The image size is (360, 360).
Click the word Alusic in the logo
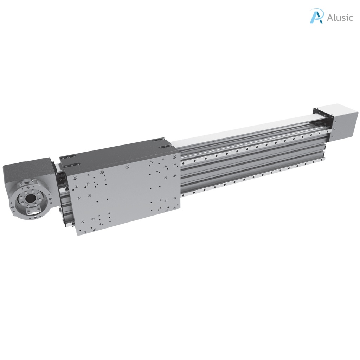click(x=340, y=18)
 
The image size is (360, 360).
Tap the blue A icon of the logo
click(x=316, y=16)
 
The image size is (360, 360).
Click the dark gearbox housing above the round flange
click(x=26, y=172)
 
